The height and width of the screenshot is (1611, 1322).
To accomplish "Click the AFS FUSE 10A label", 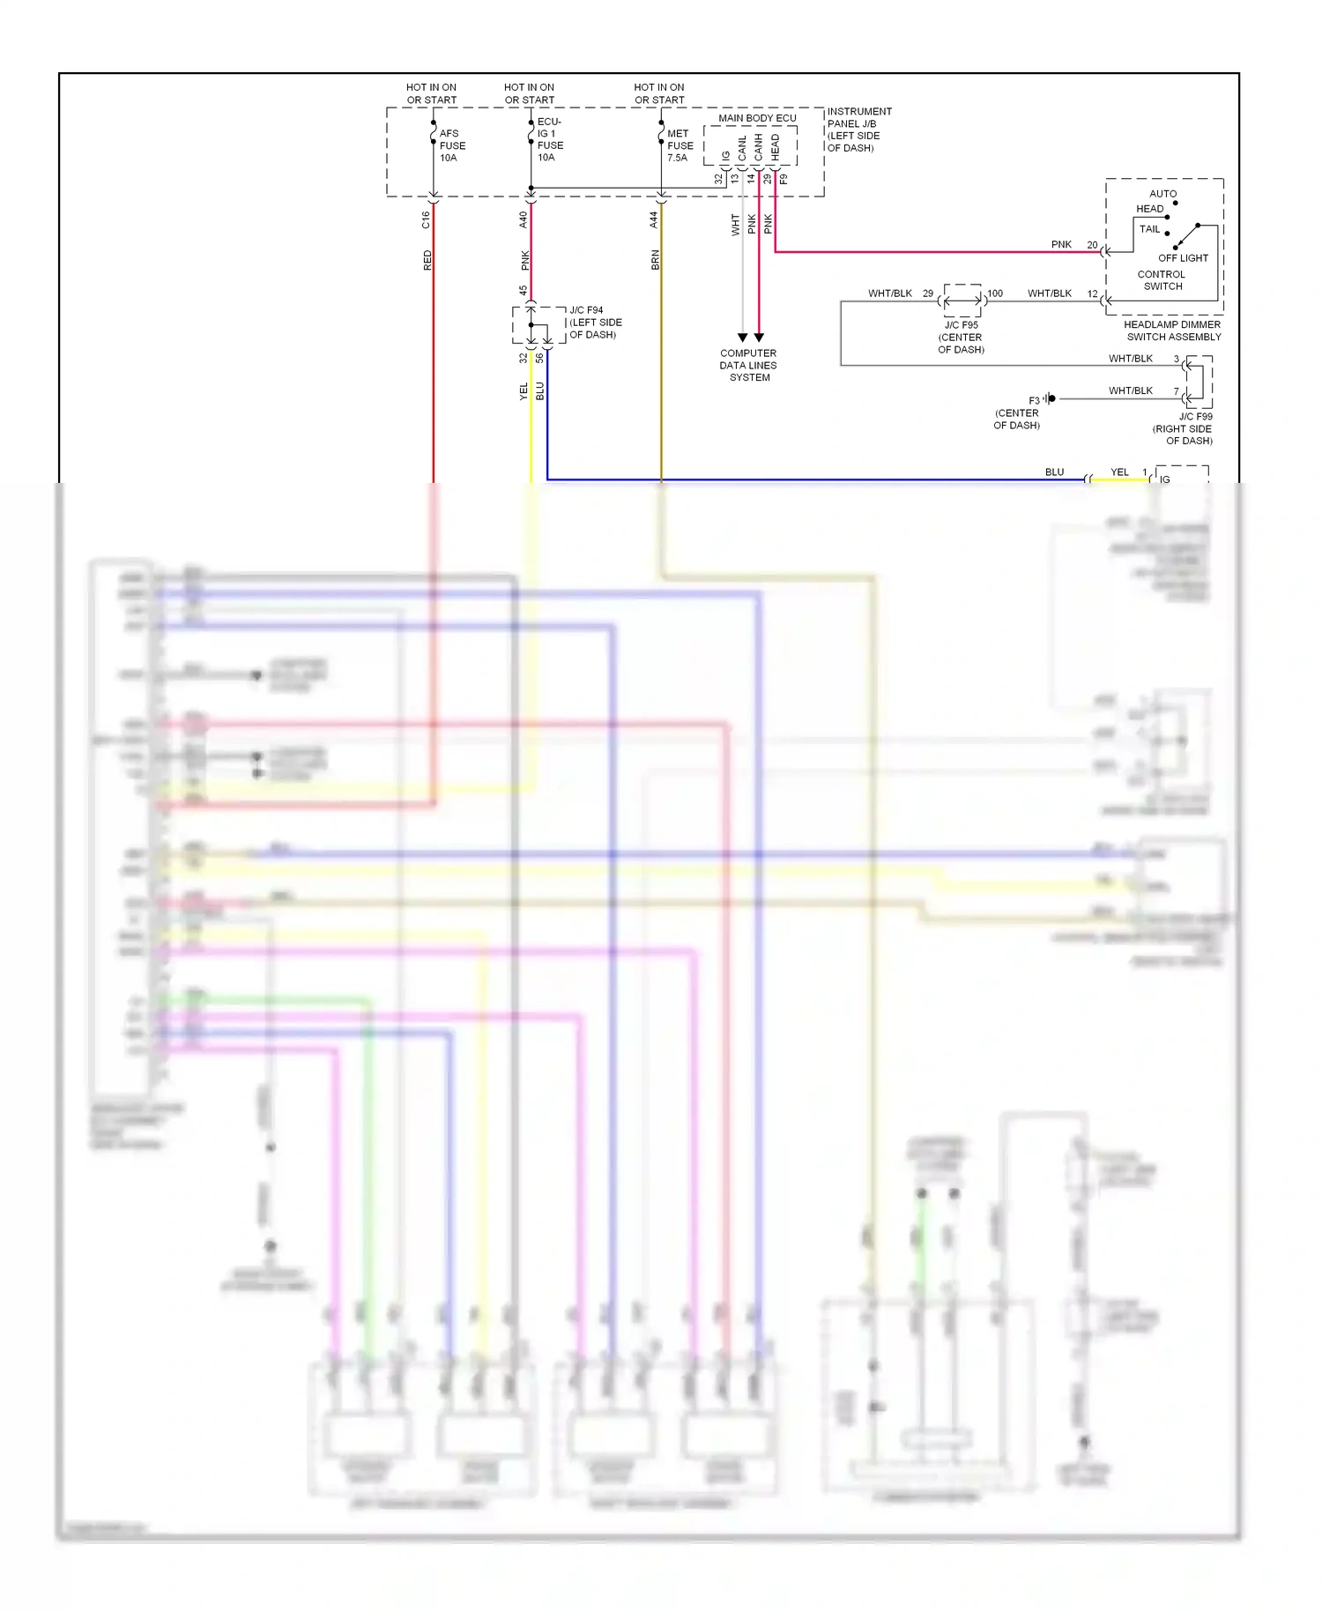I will tap(452, 145).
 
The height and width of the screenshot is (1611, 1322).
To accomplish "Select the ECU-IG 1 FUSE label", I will tap(550, 139).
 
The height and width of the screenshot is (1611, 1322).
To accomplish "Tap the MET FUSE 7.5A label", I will tap(680, 145).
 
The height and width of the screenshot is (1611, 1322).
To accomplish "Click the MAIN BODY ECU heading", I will tap(757, 118).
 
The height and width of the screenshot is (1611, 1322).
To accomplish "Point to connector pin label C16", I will tap(426, 219).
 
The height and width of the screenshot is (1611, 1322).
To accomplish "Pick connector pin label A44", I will tap(653, 219).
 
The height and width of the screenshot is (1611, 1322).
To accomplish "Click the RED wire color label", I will tap(427, 260).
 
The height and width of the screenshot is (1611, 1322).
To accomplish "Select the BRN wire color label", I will tap(655, 260).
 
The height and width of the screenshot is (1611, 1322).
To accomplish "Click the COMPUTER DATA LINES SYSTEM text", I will tap(748, 365).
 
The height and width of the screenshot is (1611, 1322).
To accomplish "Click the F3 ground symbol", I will tap(1051, 399).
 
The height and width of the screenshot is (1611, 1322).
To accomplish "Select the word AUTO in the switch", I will tap(1162, 194).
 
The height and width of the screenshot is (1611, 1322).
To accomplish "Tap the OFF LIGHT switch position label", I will tap(1183, 258).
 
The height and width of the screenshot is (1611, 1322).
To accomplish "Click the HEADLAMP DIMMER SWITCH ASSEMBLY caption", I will tap(1173, 330).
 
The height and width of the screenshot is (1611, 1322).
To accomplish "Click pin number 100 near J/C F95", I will tap(995, 293).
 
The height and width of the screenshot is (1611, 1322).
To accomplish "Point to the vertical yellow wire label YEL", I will tap(524, 391).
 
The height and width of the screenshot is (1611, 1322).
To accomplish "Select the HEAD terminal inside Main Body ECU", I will tap(776, 146).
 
